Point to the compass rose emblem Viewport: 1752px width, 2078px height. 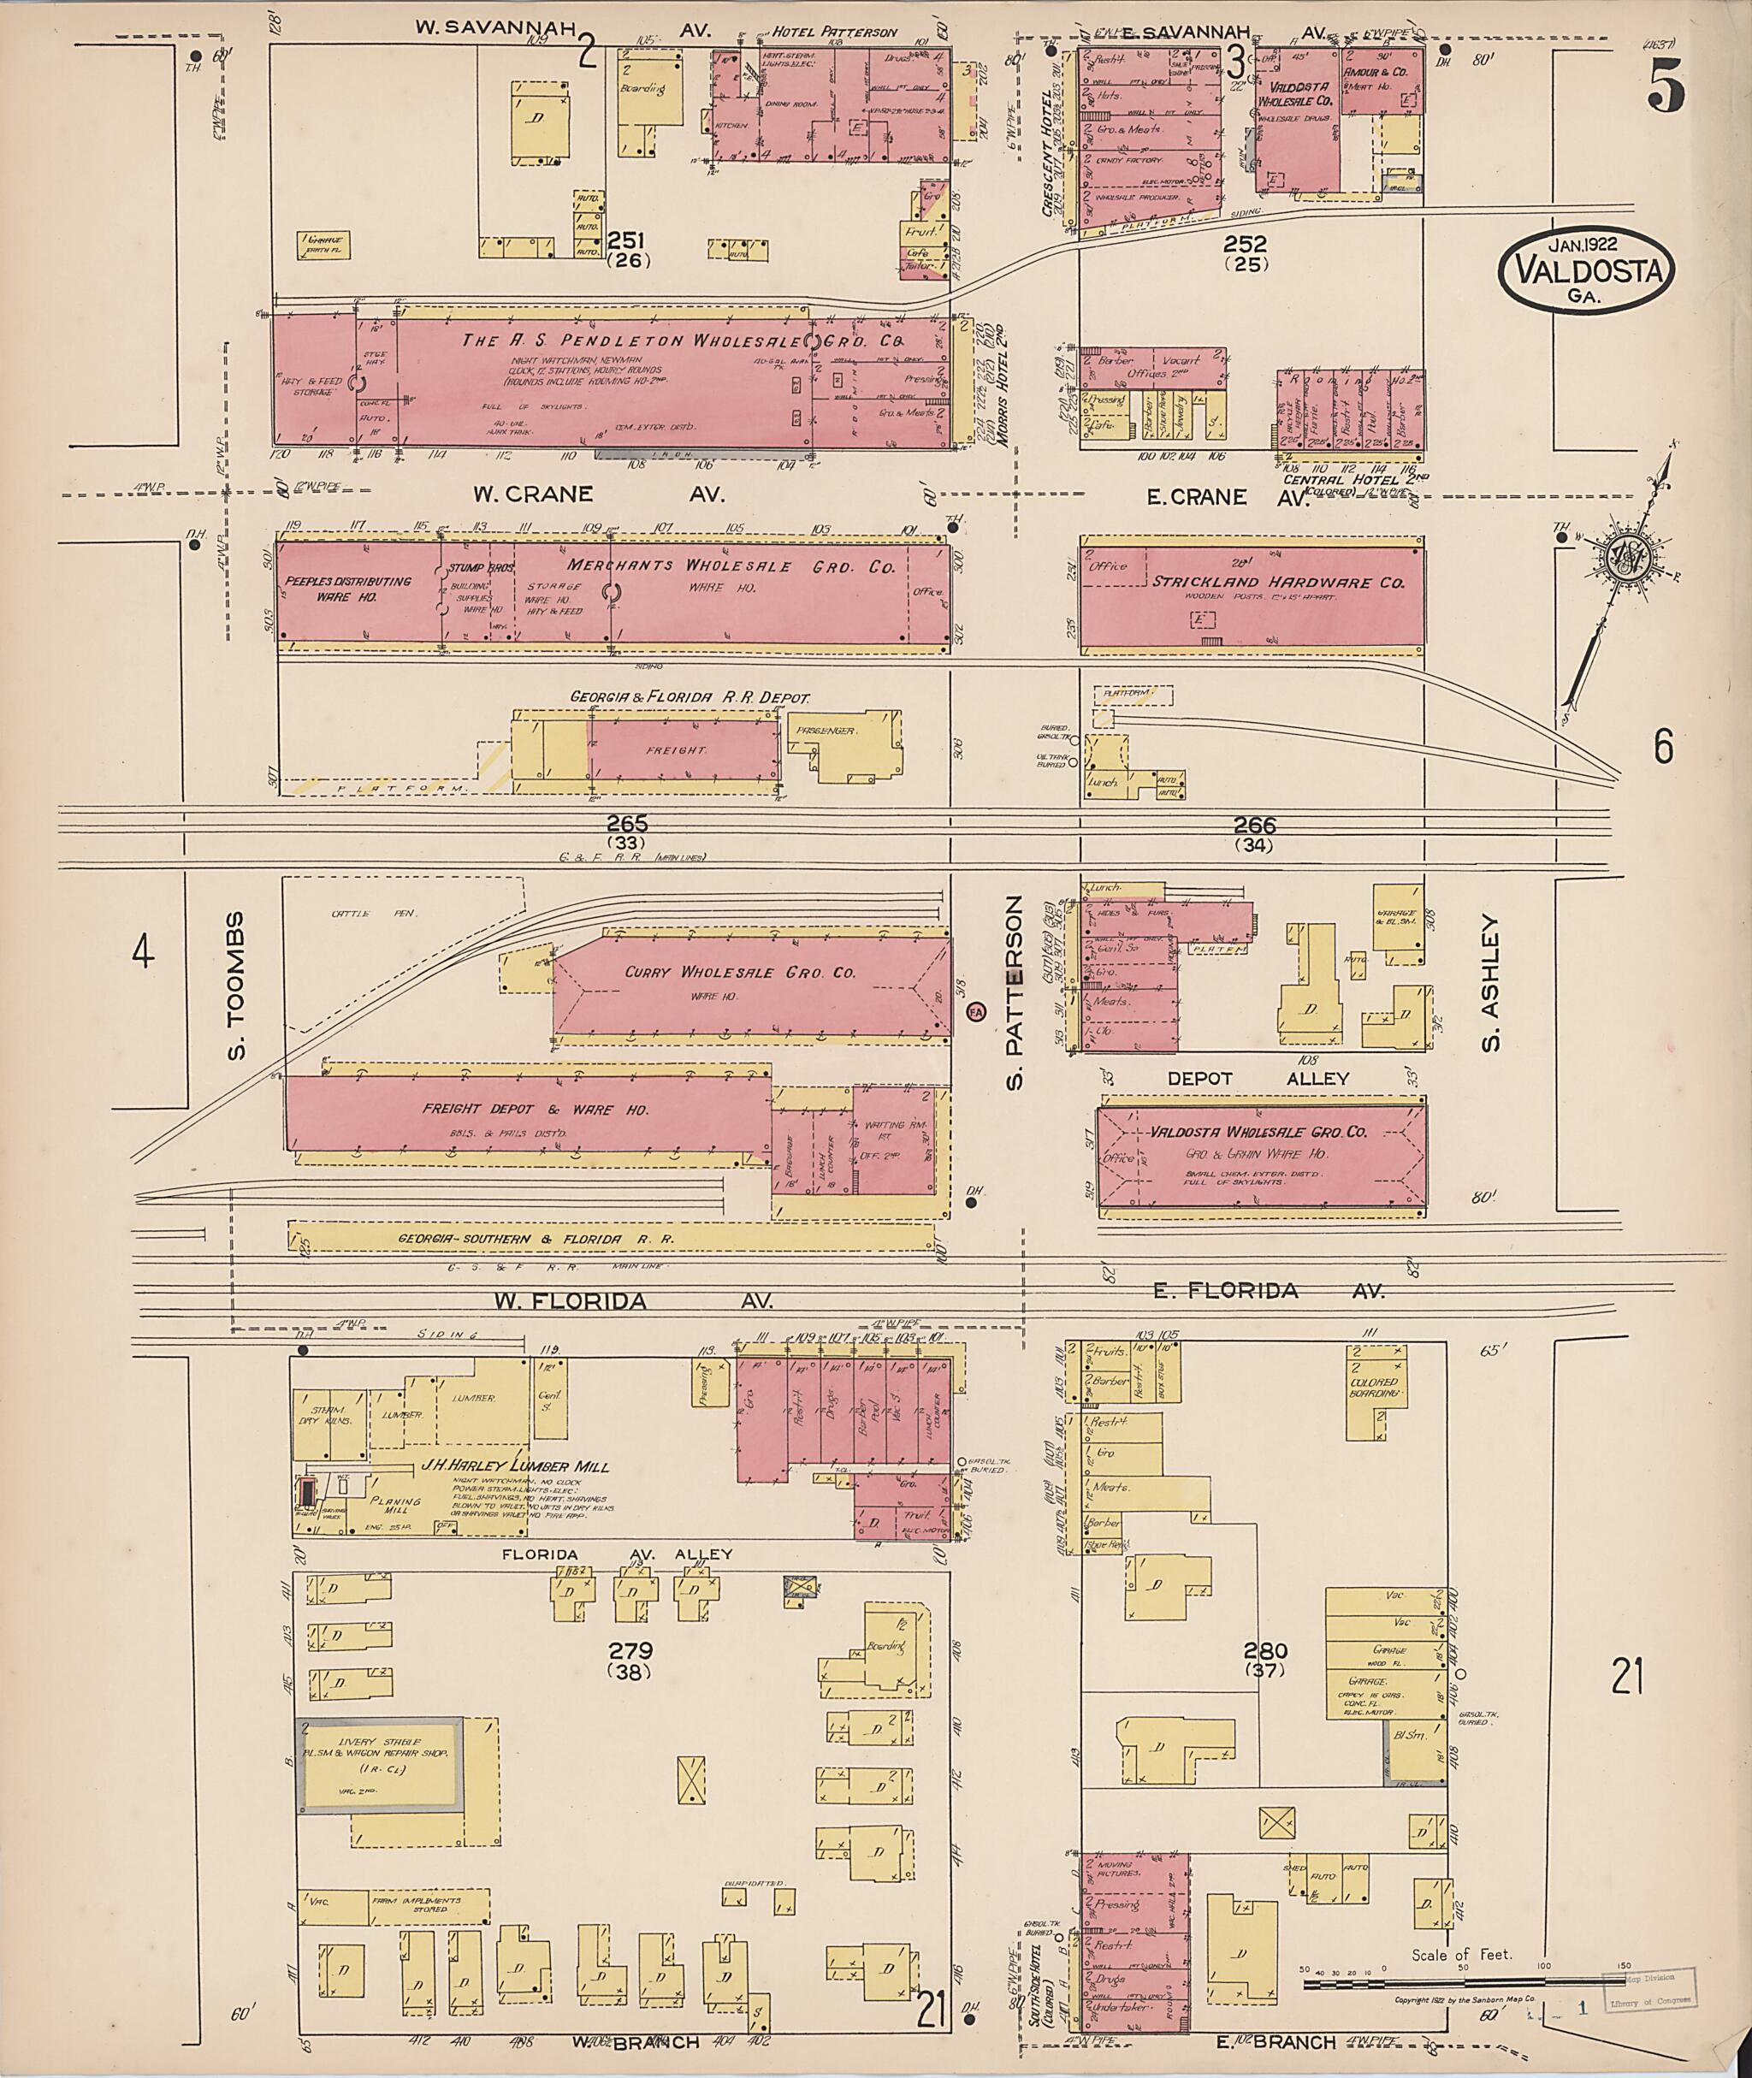point(1627,560)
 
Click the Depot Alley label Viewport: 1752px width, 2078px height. point(1258,1078)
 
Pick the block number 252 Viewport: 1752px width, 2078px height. point(1246,243)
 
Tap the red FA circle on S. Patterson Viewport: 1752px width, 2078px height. point(976,1012)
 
